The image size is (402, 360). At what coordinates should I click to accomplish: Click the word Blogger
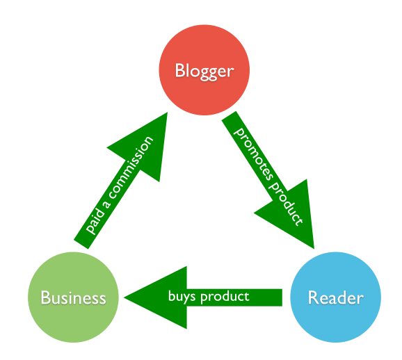(x=204, y=70)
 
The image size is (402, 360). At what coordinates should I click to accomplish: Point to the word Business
(x=73, y=298)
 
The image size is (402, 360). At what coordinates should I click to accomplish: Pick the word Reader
(x=335, y=298)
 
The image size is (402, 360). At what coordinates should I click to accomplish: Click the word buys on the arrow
(x=181, y=297)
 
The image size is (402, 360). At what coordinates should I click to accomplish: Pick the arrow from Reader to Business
(x=209, y=297)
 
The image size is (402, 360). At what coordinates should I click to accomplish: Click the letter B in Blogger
(x=180, y=70)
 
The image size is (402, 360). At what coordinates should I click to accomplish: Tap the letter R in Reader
(x=313, y=298)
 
